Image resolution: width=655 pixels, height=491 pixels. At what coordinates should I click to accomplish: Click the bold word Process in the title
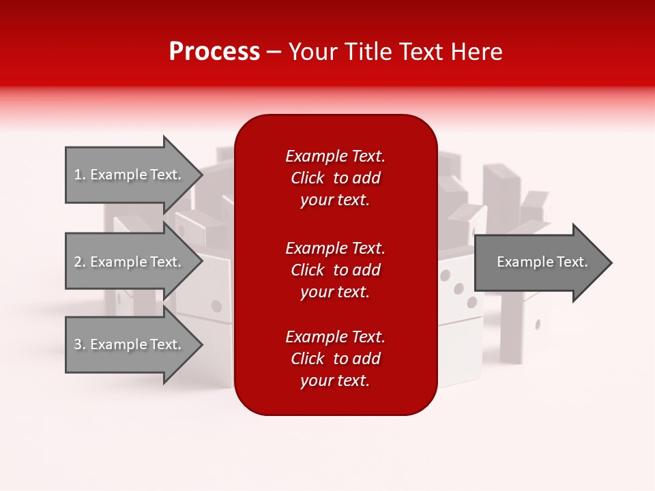[214, 52]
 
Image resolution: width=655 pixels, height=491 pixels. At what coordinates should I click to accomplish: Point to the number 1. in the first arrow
[79, 175]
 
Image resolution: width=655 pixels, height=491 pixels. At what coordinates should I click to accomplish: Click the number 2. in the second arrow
[79, 262]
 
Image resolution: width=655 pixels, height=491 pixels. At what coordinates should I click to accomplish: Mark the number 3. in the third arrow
[79, 344]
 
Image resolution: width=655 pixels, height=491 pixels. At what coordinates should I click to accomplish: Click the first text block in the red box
[335, 178]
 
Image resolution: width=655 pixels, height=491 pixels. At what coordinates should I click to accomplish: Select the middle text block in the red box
[335, 270]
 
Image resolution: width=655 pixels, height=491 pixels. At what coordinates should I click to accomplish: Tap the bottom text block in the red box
[335, 359]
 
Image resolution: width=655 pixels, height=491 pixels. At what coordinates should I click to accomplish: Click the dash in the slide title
[274, 52]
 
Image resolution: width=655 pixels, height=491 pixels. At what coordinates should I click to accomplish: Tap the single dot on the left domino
[218, 305]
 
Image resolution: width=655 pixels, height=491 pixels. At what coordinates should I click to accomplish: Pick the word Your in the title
[312, 52]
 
